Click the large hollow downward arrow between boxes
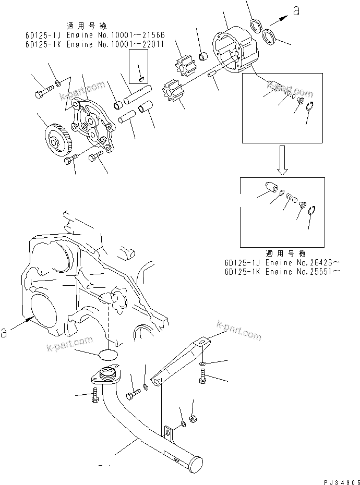281,161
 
